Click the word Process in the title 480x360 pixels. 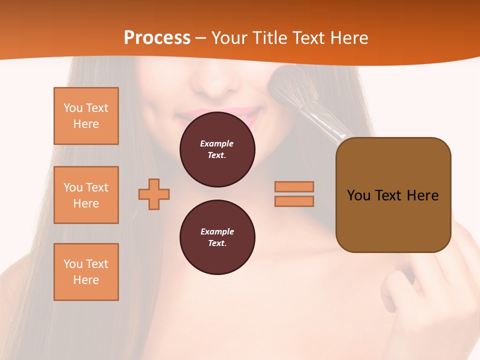click(157, 38)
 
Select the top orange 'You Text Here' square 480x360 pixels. click(86, 116)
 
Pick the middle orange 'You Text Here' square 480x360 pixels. click(86, 195)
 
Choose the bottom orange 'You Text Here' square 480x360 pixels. click(86, 272)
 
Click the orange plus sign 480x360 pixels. click(154, 194)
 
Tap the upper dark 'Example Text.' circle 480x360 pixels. click(217, 149)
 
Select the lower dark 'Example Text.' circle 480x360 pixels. click(217, 237)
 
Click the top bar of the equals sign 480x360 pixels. click(294, 186)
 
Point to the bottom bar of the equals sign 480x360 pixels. click(294, 201)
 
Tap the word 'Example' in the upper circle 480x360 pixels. click(217, 143)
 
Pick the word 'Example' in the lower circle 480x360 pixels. click(217, 231)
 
